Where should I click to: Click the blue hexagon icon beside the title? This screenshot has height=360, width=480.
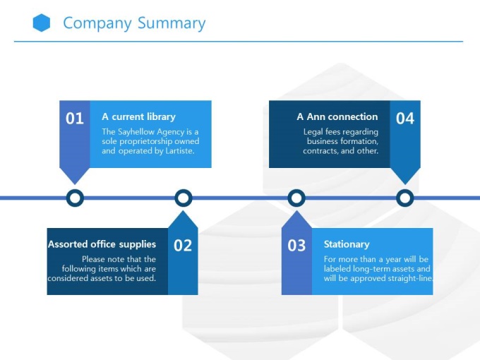click(42, 23)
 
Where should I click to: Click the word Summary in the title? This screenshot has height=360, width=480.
click(172, 23)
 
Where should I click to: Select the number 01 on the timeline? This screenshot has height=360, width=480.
click(75, 119)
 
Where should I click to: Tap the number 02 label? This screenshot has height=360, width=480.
click(183, 246)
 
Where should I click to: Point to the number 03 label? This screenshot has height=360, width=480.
click(296, 246)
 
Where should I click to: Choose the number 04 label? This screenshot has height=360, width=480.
click(404, 119)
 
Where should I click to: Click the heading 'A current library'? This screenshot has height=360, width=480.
click(138, 116)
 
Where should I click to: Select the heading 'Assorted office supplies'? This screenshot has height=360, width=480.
click(102, 244)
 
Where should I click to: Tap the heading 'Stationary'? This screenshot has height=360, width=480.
click(347, 244)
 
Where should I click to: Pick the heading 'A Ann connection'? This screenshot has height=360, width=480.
click(337, 116)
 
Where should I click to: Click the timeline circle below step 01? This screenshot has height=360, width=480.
click(75, 198)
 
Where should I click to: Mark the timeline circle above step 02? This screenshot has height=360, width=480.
click(183, 198)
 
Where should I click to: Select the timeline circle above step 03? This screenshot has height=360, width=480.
click(296, 198)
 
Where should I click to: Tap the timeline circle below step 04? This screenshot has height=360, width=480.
click(404, 198)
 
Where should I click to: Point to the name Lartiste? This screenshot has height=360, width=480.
click(175, 150)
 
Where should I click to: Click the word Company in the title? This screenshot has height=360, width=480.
click(97, 23)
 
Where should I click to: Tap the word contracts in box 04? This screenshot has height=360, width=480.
click(320, 150)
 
